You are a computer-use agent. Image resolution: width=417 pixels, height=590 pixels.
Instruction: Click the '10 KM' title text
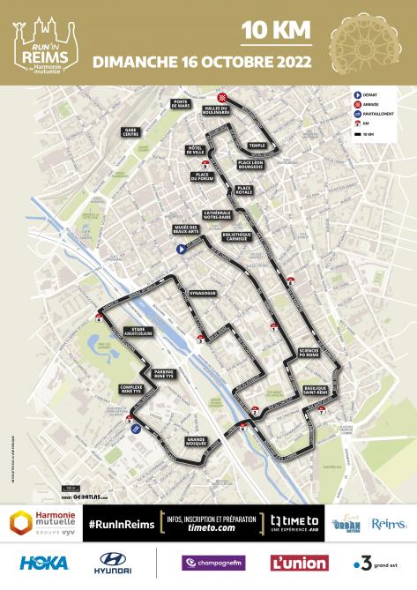pos(277,30)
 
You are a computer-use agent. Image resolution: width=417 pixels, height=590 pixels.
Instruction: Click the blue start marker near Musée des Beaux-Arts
pos(180,250)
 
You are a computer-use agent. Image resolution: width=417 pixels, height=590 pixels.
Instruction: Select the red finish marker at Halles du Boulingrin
pos(223,97)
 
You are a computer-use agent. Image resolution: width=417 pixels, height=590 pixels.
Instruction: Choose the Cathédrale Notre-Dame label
pos(218,214)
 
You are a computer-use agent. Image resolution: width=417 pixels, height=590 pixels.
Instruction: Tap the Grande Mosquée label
pos(191,442)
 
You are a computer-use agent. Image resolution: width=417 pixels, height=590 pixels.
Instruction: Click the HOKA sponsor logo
pos(43,563)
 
